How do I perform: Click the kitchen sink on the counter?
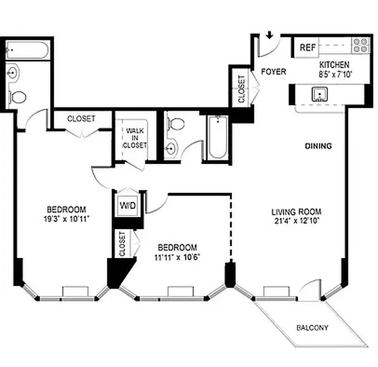(319, 95)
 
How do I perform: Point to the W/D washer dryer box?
(128, 205)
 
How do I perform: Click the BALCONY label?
(312, 328)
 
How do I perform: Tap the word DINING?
(318, 146)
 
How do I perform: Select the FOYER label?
(273, 72)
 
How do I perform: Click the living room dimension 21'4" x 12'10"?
(296, 220)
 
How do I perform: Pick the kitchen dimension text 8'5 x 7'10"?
(334, 73)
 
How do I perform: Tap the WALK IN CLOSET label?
(135, 138)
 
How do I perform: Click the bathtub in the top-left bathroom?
(28, 50)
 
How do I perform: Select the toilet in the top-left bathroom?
(18, 97)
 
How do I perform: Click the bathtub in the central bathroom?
(217, 137)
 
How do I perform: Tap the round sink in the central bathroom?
(171, 149)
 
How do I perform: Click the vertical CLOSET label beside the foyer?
(241, 89)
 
